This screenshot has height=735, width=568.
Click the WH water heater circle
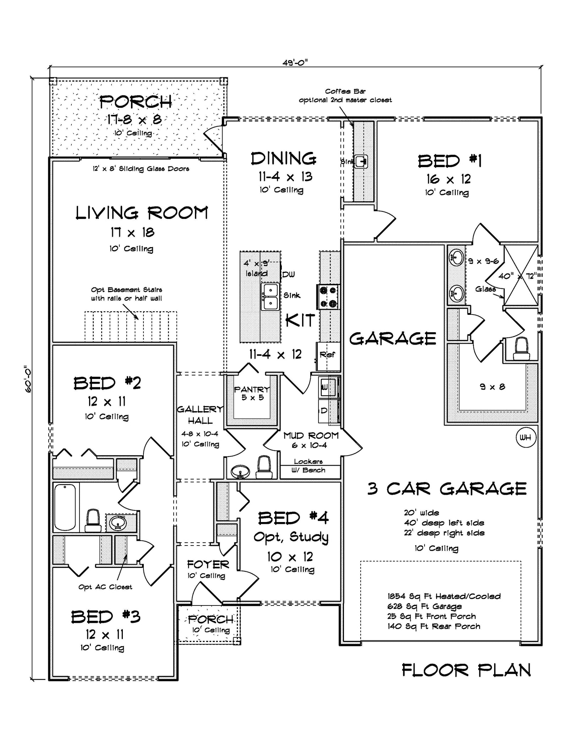pyautogui.click(x=525, y=437)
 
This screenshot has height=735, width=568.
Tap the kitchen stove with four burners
pyautogui.click(x=328, y=296)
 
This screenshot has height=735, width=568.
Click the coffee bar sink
pyautogui.click(x=361, y=162)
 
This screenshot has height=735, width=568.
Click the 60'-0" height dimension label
pyautogui.click(x=28, y=379)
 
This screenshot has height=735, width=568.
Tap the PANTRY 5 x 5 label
pyautogui.click(x=252, y=393)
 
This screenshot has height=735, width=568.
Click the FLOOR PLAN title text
pyautogui.click(x=466, y=670)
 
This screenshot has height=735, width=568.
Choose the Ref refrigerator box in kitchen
pyautogui.click(x=328, y=355)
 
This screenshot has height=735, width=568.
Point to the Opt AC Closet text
pyautogui.click(x=105, y=587)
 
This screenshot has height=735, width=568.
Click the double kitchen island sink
pyautogui.click(x=271, y=297)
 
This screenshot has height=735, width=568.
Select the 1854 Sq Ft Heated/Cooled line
pyautogui.click(x=444, y=596)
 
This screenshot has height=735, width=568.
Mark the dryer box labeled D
pyautogui.click(x=324, y=411)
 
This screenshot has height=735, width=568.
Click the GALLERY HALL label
pyautogui.click(x=200, y=415)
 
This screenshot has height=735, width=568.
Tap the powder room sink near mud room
pyautogui.click(x=240, y=472)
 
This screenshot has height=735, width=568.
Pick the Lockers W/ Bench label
pyautogui.click(x=308, y=466)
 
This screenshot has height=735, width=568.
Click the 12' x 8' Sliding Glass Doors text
pyautogui.click(x=141, y=169)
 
